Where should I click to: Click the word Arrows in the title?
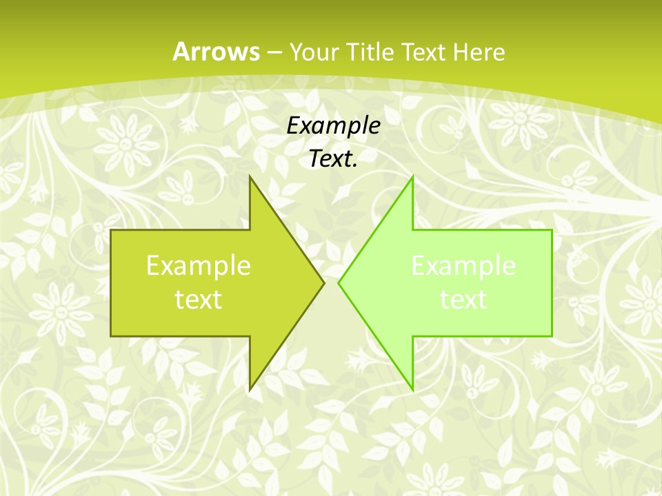216,52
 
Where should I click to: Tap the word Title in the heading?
373,52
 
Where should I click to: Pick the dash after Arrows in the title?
273,52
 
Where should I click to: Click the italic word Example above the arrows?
333,125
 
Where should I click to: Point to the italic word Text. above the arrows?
333,158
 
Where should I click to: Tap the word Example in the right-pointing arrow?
198,265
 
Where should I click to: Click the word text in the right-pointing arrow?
198,299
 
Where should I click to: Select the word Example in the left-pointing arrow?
463,265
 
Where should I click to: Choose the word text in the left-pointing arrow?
463,299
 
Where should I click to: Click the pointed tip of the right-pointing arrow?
323,282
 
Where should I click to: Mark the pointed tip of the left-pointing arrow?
339,282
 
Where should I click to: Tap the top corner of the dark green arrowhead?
250,177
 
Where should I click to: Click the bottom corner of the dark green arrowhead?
250,390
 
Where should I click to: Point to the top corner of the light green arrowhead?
412,177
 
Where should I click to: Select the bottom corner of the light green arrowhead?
412,390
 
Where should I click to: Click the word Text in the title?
424,52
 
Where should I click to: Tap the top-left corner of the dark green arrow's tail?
111,230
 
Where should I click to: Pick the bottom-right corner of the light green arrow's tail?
552,336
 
